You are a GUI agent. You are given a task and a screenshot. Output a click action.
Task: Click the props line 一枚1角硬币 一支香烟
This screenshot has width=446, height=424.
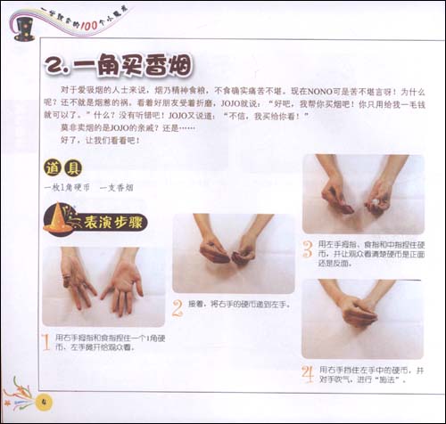(87, 189)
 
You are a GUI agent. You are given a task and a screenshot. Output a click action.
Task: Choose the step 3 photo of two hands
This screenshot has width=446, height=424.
(362, 193)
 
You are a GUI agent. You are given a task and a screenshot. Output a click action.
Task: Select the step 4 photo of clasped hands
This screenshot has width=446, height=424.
(362, 317)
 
